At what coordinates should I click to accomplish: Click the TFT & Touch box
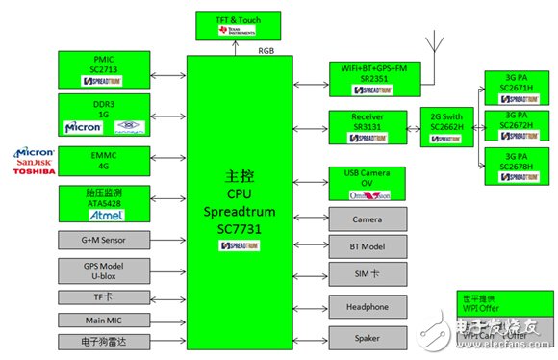[238, 26]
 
